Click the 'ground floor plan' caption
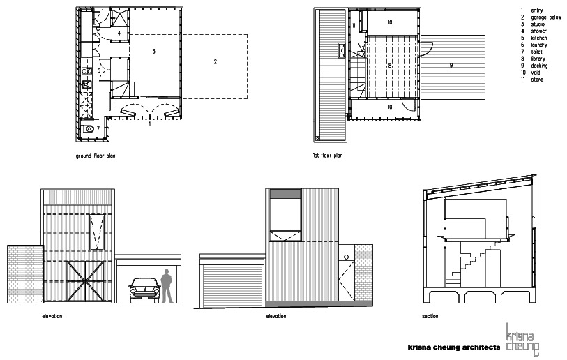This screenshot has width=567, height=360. click(95, 156)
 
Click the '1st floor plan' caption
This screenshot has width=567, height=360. click(328, 156)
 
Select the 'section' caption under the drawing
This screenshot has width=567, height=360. click(430, 316)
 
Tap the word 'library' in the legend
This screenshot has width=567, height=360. click(538, 59)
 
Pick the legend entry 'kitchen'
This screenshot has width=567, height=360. click(538, 38)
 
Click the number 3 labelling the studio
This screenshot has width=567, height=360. click(153, 52)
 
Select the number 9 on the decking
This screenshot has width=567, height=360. click(451, 66)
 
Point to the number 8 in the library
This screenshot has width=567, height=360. click(390, 63)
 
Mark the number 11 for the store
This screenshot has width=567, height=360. click(354, 26)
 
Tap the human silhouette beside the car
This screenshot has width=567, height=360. click(166, 287)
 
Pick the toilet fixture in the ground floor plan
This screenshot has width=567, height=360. click(88, 129)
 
